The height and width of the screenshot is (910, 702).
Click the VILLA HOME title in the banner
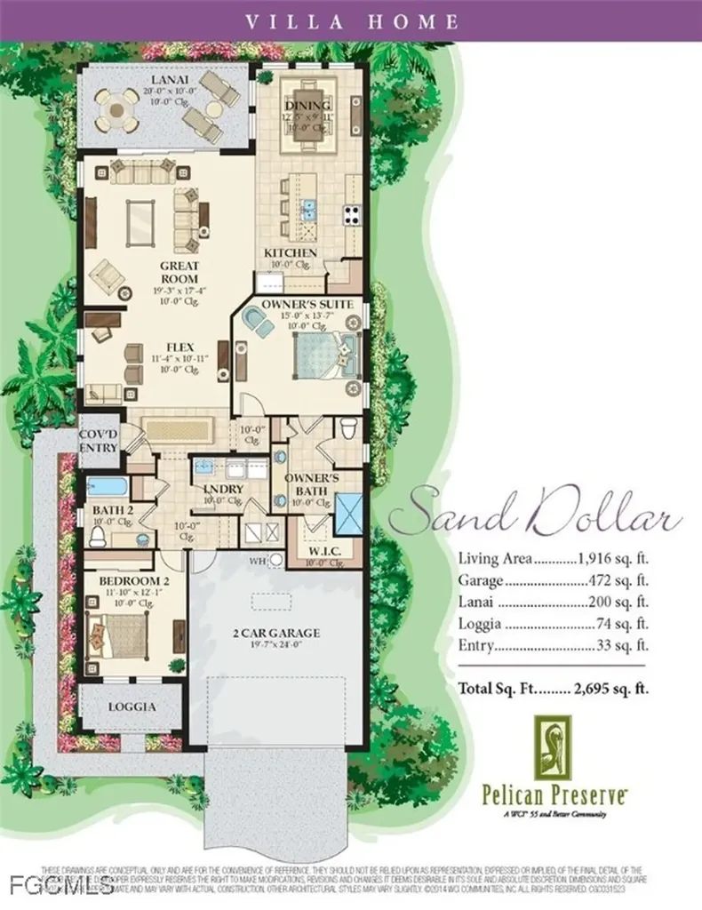click(x=350, y=20)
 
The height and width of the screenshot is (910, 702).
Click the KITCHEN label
click(x=291, y=253)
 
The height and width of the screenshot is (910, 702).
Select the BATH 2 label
click(x=112, y=510)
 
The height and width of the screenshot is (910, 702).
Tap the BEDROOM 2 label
click(x=132, y=580)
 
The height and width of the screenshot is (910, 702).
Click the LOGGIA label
click(x=133, y=707)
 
